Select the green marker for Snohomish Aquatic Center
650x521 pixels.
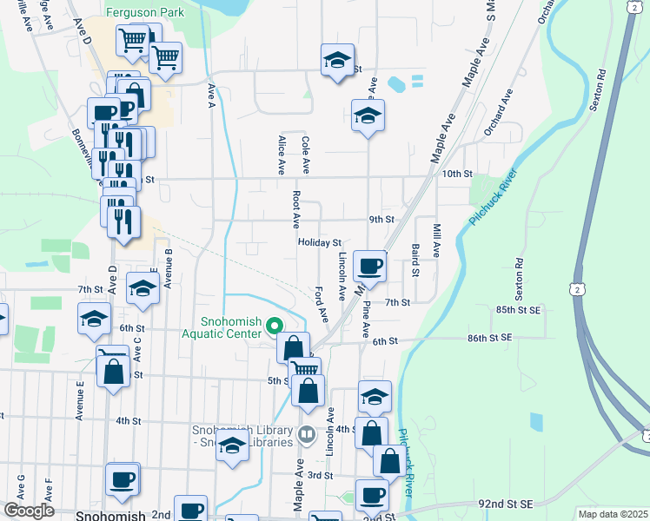pyautogui.click(x=275, y=326)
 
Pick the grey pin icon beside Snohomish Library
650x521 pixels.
pyautogui.click(x=305, y=434)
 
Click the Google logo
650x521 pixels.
pyautogui.click(x=29, y=511)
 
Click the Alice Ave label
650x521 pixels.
pyautogui.click(x=281, y=155)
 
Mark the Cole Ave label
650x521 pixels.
pyautogui.click(x=305, y=153)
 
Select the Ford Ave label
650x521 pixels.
pyautogui.click(x=321, y=301)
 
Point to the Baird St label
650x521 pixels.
pyautogui.click(x=415, y=261)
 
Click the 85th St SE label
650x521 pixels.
pyautogui.click(x=516, y=308)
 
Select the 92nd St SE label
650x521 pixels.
pyautogui.click(x=505, y=503)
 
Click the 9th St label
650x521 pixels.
pyautogui.click(x=382, y=220)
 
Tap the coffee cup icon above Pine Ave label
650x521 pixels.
pyautogui.click(x=369, y=267)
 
